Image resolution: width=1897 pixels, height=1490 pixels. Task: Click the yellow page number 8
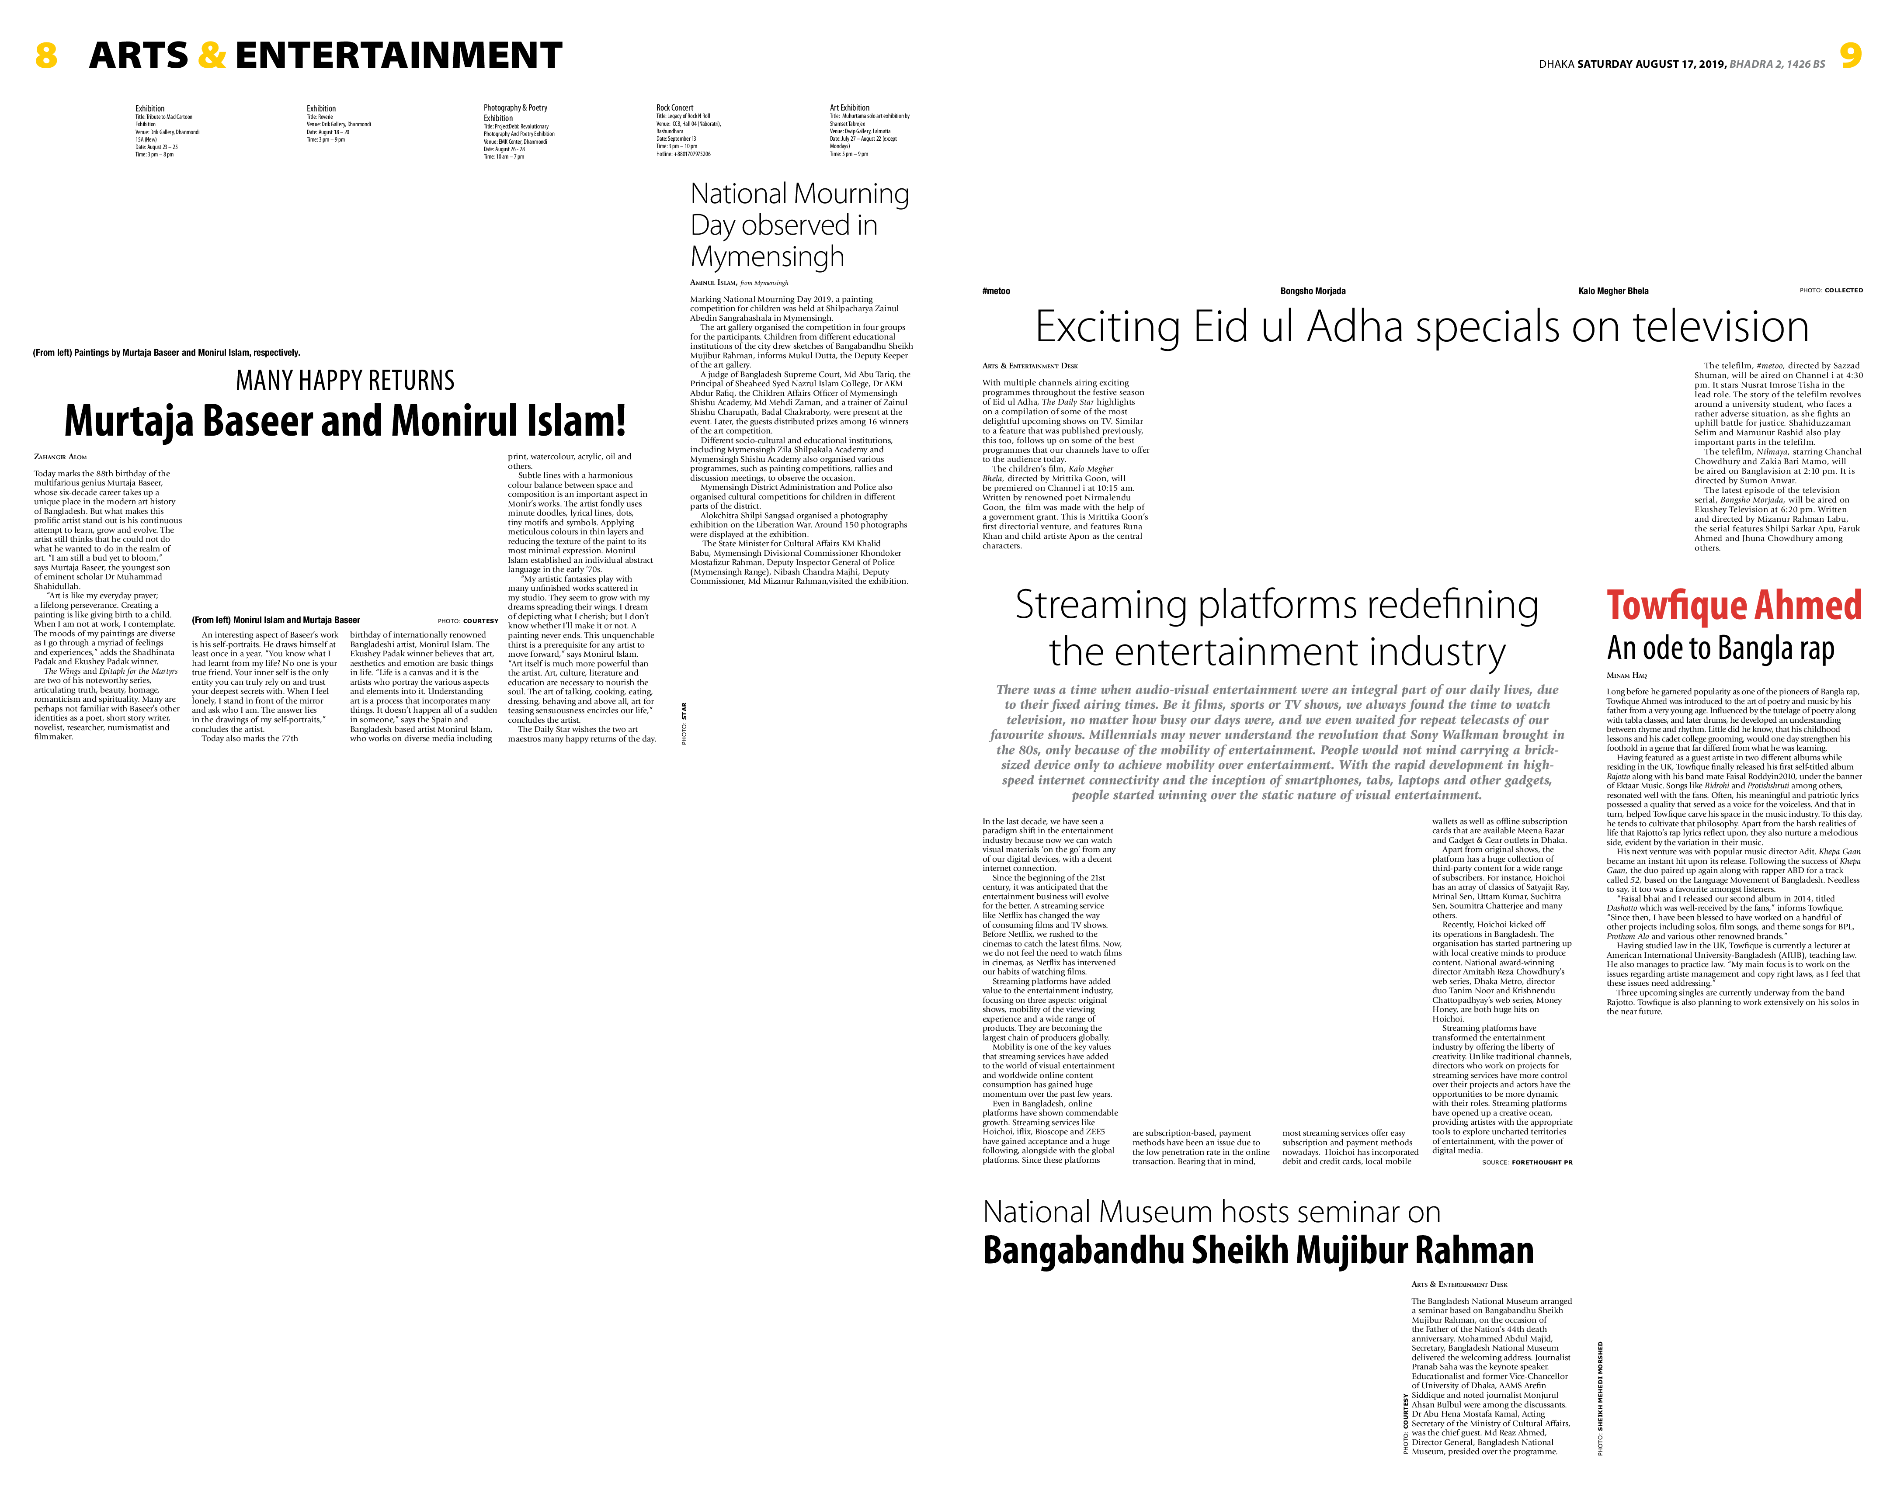[x=46, y=56]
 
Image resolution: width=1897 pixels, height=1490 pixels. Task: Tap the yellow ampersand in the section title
[x=212, y=56]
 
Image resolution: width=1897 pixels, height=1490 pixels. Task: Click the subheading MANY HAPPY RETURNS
[x=345, y=380]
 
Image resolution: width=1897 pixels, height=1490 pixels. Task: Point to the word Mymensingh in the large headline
[x=767, y=257]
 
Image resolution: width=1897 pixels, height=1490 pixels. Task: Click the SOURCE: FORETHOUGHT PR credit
[x=1527, y=1162]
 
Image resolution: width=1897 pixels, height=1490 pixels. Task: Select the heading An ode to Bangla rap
[x=1720, y=648]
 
